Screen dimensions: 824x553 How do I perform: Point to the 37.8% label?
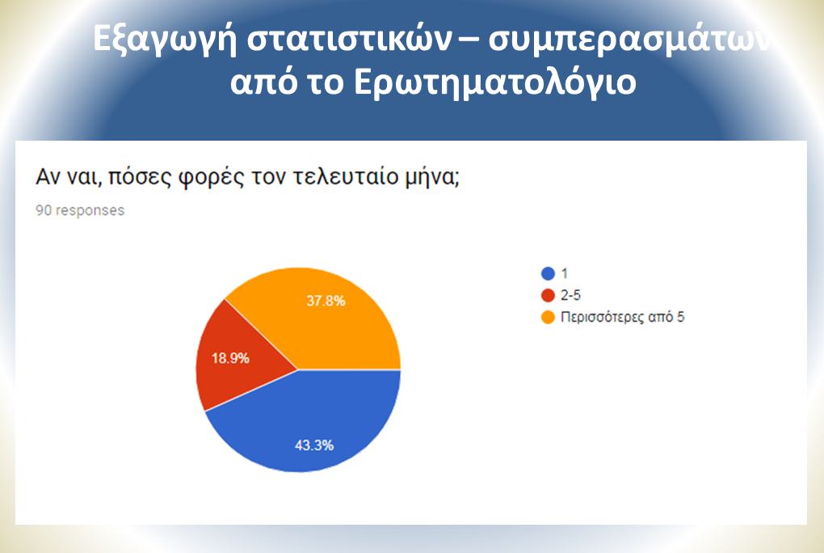tap(326, 301)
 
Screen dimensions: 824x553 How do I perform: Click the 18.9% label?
tap(230, 358)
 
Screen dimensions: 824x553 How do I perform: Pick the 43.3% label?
tap(314, 445)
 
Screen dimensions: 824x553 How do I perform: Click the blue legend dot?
tap(548, 273)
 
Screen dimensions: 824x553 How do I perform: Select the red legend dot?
tap(548, 295)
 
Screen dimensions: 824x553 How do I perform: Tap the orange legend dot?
tap(548, 317)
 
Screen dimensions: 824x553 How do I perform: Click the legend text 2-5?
tap(570, 295)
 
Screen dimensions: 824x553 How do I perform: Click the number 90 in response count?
tap(44, 210)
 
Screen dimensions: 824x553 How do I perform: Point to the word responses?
tap(90, 210)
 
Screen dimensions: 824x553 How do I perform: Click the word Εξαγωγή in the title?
tap(165, 40)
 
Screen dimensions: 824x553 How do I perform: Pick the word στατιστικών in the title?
tap(350, 38)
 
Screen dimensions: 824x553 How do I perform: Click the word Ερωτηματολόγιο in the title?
tap(495, 82)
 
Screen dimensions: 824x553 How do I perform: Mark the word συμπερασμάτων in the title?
tap(631, 39)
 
